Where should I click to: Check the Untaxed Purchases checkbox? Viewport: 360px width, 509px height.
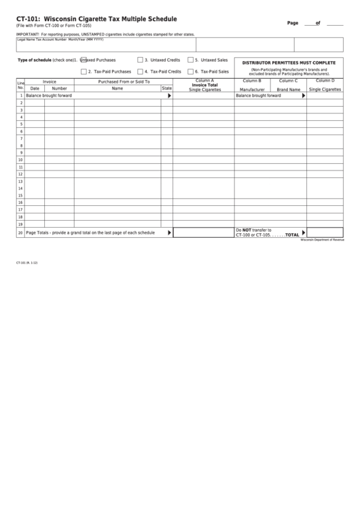(84, 60)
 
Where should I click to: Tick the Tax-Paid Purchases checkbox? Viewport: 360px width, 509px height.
(84, 71)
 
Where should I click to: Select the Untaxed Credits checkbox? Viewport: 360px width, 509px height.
(140, 60)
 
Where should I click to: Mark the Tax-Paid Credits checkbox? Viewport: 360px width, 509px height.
(140, 71)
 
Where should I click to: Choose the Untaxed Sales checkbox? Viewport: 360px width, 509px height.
(191, 60)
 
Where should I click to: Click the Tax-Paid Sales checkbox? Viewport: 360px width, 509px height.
(191, 71)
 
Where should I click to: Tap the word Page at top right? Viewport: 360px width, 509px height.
(293, 23)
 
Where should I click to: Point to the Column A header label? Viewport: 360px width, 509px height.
(204, 81)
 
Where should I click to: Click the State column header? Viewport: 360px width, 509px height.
(166, 88)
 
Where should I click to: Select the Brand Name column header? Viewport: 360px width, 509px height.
(288, 89)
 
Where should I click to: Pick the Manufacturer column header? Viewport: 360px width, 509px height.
(252, 89)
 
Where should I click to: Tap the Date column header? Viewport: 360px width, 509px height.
(35, 88)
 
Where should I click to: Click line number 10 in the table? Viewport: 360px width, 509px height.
(20, 160)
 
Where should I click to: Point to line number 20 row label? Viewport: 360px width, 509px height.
(20, 232)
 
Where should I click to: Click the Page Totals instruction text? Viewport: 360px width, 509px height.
(90, 232)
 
